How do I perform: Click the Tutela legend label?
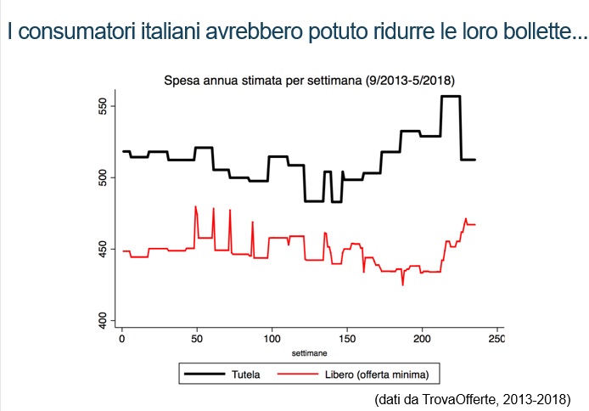point(246,374)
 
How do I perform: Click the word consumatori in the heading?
point(73,32)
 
